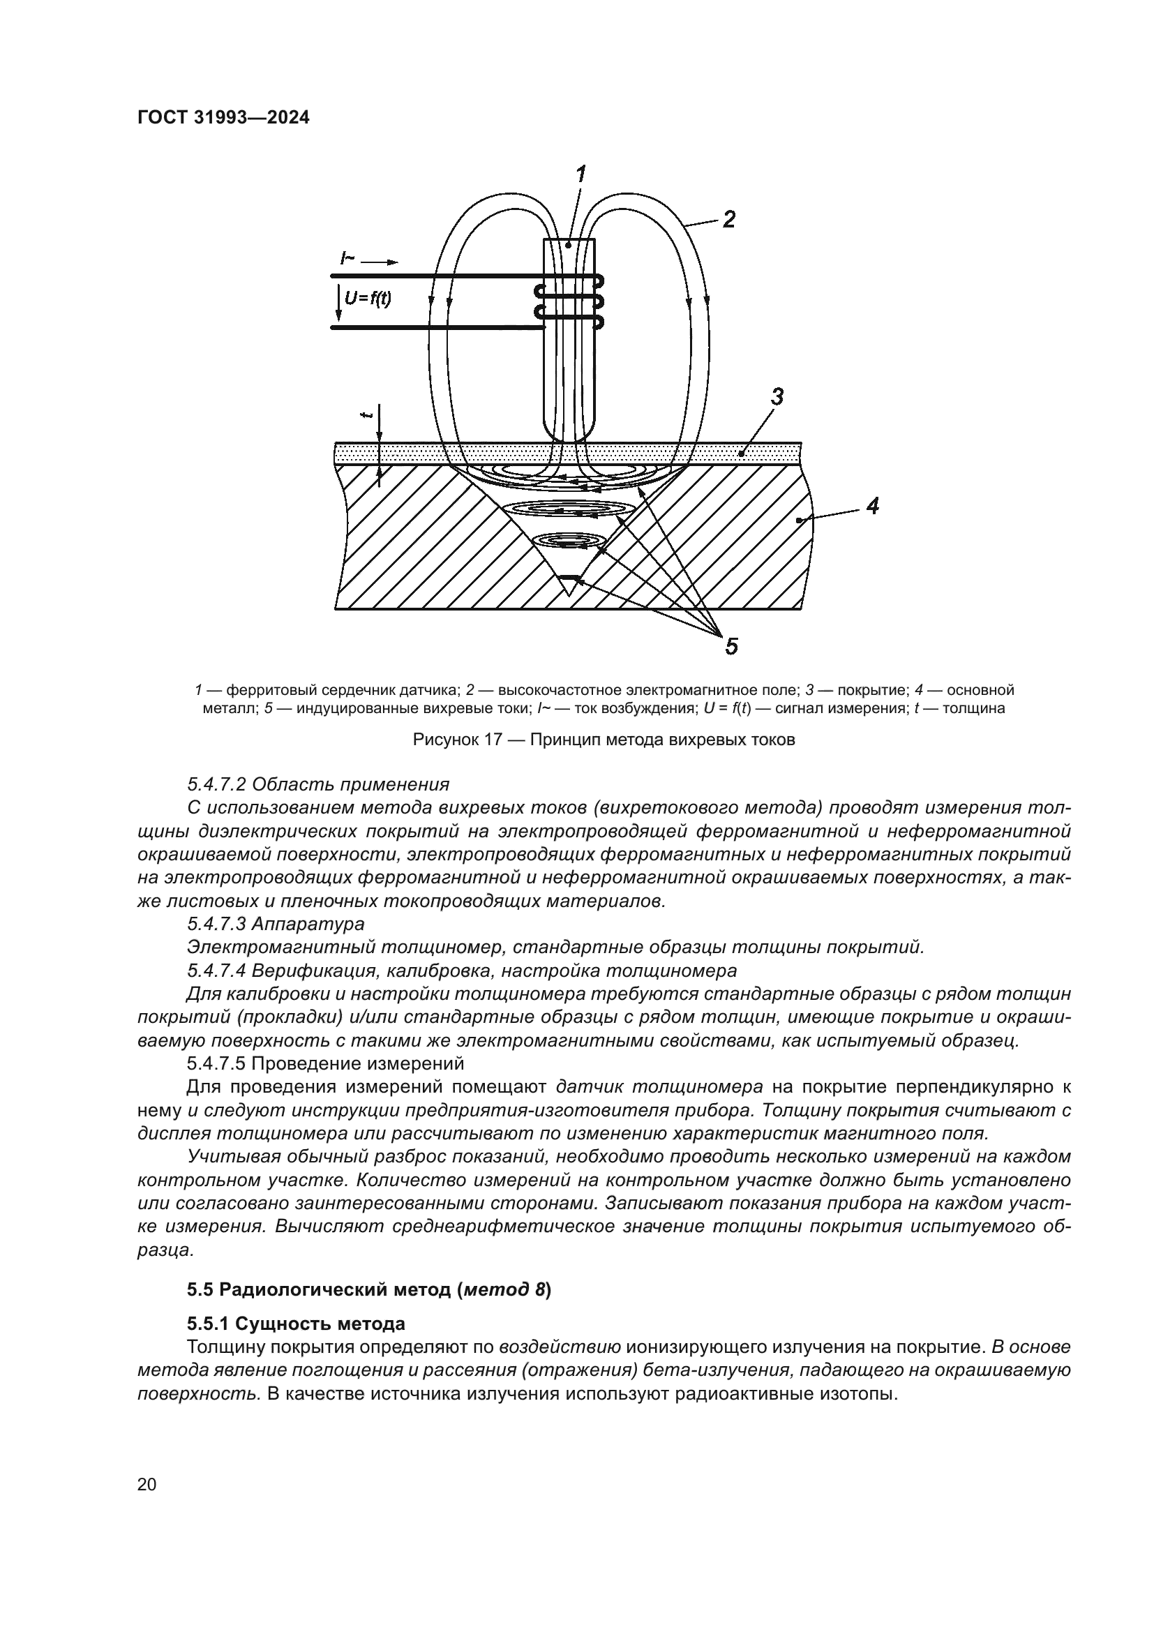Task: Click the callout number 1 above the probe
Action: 580,174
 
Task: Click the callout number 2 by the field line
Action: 728,219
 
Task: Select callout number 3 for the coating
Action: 777,396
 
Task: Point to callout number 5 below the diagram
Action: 731,646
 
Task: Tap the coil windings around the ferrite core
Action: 569,301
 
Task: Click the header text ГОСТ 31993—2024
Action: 223,118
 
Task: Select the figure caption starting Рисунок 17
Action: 604,739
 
